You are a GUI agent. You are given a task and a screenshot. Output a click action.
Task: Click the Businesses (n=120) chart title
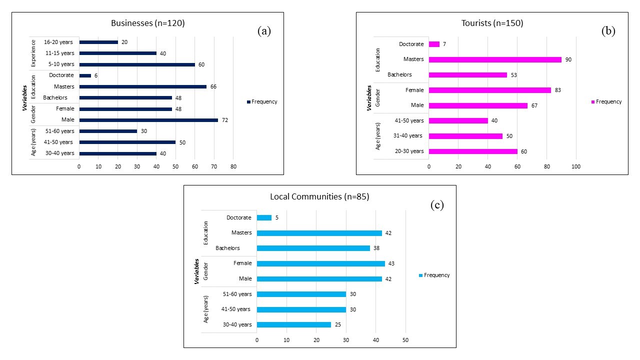148,23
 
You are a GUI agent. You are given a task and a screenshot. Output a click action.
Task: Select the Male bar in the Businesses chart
148,120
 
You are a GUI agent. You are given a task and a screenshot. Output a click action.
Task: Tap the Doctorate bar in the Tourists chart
434,44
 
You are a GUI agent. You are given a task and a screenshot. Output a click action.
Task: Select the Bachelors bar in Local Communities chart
313,248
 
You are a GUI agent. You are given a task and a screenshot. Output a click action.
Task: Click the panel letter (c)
437,205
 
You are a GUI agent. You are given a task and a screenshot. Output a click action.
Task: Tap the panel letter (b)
608,31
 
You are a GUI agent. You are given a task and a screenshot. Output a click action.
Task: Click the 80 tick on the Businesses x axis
233,166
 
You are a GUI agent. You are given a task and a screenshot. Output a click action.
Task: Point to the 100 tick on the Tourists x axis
576,166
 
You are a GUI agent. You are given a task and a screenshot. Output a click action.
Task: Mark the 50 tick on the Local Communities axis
405,340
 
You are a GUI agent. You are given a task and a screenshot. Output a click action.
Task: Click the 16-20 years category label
59,42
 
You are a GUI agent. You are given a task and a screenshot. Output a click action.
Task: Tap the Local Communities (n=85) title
319,196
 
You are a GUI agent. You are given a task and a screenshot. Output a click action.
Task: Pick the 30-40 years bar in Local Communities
294,324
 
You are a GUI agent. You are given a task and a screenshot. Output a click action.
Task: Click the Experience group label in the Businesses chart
33,53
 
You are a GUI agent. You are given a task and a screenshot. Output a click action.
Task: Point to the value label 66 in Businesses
213,87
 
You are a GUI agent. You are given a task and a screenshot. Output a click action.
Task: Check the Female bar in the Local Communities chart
320,263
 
